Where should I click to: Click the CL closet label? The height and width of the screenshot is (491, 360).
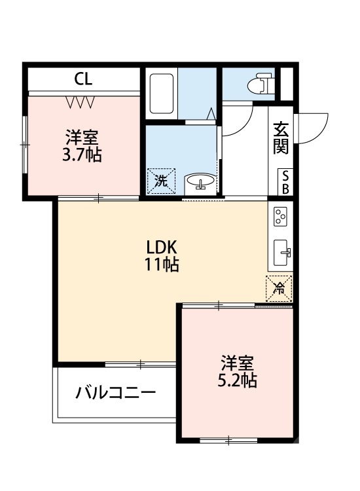[83, 79]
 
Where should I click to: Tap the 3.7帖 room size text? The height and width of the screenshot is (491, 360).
[82, 156]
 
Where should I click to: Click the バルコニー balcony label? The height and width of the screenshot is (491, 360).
[115, 393]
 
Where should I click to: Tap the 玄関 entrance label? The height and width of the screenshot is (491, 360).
[281, 138]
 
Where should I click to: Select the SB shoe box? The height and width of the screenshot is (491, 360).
[285, 181]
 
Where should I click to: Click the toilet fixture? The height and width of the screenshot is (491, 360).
[262, 84]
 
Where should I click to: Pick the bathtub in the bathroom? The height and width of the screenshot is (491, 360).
[161, 94]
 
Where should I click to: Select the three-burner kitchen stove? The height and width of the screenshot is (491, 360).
[281, 217]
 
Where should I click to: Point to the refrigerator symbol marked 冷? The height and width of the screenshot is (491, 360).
[279, 287]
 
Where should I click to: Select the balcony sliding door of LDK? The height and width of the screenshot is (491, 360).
[140, 363]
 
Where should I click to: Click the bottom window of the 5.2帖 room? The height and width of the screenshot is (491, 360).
[229, 441]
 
